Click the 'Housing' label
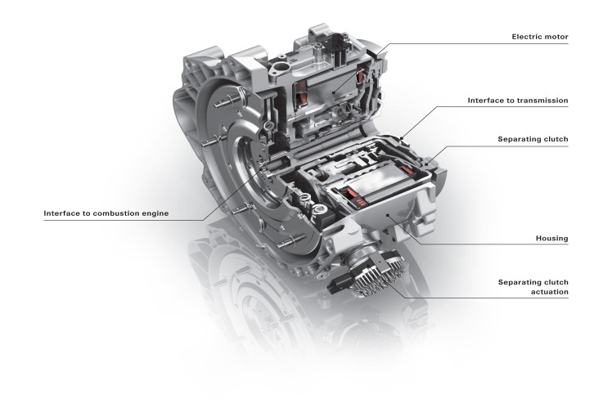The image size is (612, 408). pyautogui.click(x=551, y=238)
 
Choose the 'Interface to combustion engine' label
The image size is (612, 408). pyautogui.click(x=106, y=213)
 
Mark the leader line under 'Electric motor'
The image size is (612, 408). pyautogui.click(x=491, y=43)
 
